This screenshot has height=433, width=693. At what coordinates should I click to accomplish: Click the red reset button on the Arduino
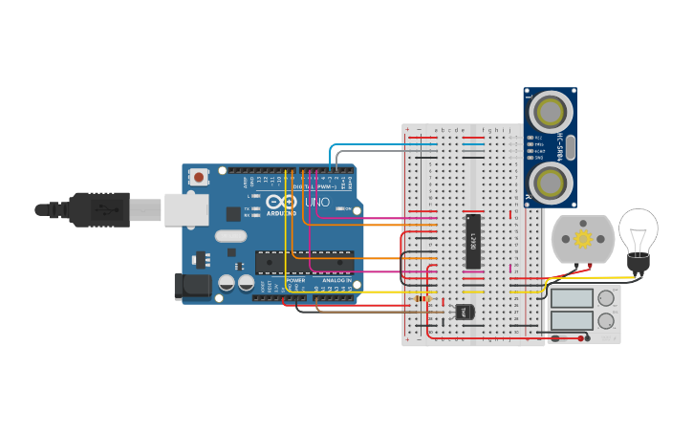point(199,176)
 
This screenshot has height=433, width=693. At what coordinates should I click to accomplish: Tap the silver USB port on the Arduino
point(185,209)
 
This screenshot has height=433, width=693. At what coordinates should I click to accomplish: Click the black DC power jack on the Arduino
point(192,286)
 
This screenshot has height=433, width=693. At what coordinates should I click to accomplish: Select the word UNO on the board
point(316,203)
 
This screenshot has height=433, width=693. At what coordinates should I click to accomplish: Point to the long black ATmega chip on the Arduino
point(304,261)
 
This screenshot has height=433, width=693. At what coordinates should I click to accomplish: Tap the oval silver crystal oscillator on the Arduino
point(230,236)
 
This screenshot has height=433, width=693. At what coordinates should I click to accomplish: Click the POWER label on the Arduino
point(296,280)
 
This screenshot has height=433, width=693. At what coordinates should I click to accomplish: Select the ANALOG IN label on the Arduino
point(336,280)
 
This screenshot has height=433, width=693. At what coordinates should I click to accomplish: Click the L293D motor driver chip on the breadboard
point(472,242)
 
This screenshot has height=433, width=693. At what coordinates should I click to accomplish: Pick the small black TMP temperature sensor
point(464,311)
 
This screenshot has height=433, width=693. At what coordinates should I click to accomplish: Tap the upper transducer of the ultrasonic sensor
point(551,112)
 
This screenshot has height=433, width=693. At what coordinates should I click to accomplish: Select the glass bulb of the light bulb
point(638,229)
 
